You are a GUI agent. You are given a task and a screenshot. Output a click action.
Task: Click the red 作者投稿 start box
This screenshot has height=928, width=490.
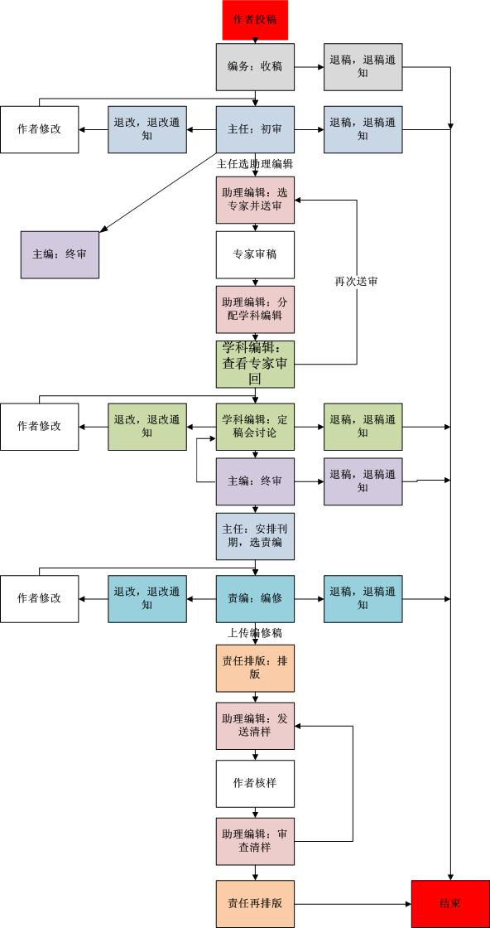255,20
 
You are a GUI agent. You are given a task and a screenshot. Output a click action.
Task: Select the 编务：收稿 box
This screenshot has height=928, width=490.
255,67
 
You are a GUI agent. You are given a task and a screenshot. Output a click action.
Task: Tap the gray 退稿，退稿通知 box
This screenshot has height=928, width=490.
363,67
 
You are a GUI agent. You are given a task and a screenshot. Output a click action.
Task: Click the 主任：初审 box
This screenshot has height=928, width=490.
255,129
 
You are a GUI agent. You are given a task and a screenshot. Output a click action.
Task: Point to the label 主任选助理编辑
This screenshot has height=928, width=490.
255,164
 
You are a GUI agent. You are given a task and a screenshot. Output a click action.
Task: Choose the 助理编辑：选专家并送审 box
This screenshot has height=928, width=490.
255,200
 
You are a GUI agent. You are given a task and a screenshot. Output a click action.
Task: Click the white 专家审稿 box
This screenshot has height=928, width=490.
255,254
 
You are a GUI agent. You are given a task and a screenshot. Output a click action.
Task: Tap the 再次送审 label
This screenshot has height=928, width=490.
357,282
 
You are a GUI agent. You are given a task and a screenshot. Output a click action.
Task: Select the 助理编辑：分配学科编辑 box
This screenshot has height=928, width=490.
255,310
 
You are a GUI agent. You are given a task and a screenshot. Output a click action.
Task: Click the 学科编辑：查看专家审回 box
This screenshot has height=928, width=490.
255,364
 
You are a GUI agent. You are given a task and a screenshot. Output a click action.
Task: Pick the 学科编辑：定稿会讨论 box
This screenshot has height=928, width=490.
255,427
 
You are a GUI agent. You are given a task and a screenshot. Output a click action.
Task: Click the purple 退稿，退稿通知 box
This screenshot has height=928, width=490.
363,481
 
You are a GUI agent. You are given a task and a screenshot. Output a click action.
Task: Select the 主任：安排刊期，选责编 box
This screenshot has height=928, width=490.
255,536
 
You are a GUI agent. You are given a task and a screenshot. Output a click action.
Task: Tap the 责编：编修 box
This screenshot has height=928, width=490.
255,598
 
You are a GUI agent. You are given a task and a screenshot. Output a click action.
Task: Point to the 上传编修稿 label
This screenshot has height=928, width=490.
255,633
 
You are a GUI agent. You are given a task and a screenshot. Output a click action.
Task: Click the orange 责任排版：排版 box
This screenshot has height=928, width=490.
255,669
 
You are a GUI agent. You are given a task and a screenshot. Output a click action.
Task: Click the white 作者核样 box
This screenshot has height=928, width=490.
255,784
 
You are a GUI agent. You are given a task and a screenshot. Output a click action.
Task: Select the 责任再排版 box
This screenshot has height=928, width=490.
255,904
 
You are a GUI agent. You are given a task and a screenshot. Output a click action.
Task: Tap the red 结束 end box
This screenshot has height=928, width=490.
450,904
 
